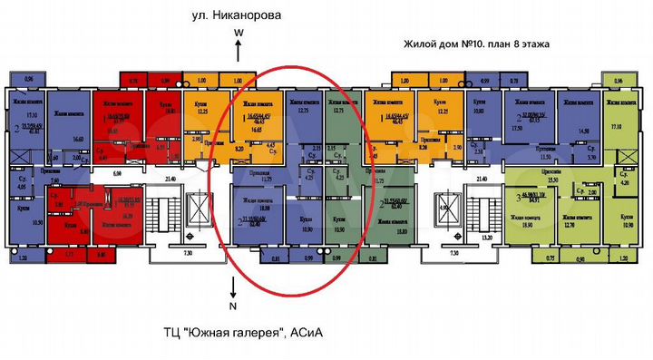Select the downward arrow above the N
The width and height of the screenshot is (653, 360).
pos(234,288)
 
